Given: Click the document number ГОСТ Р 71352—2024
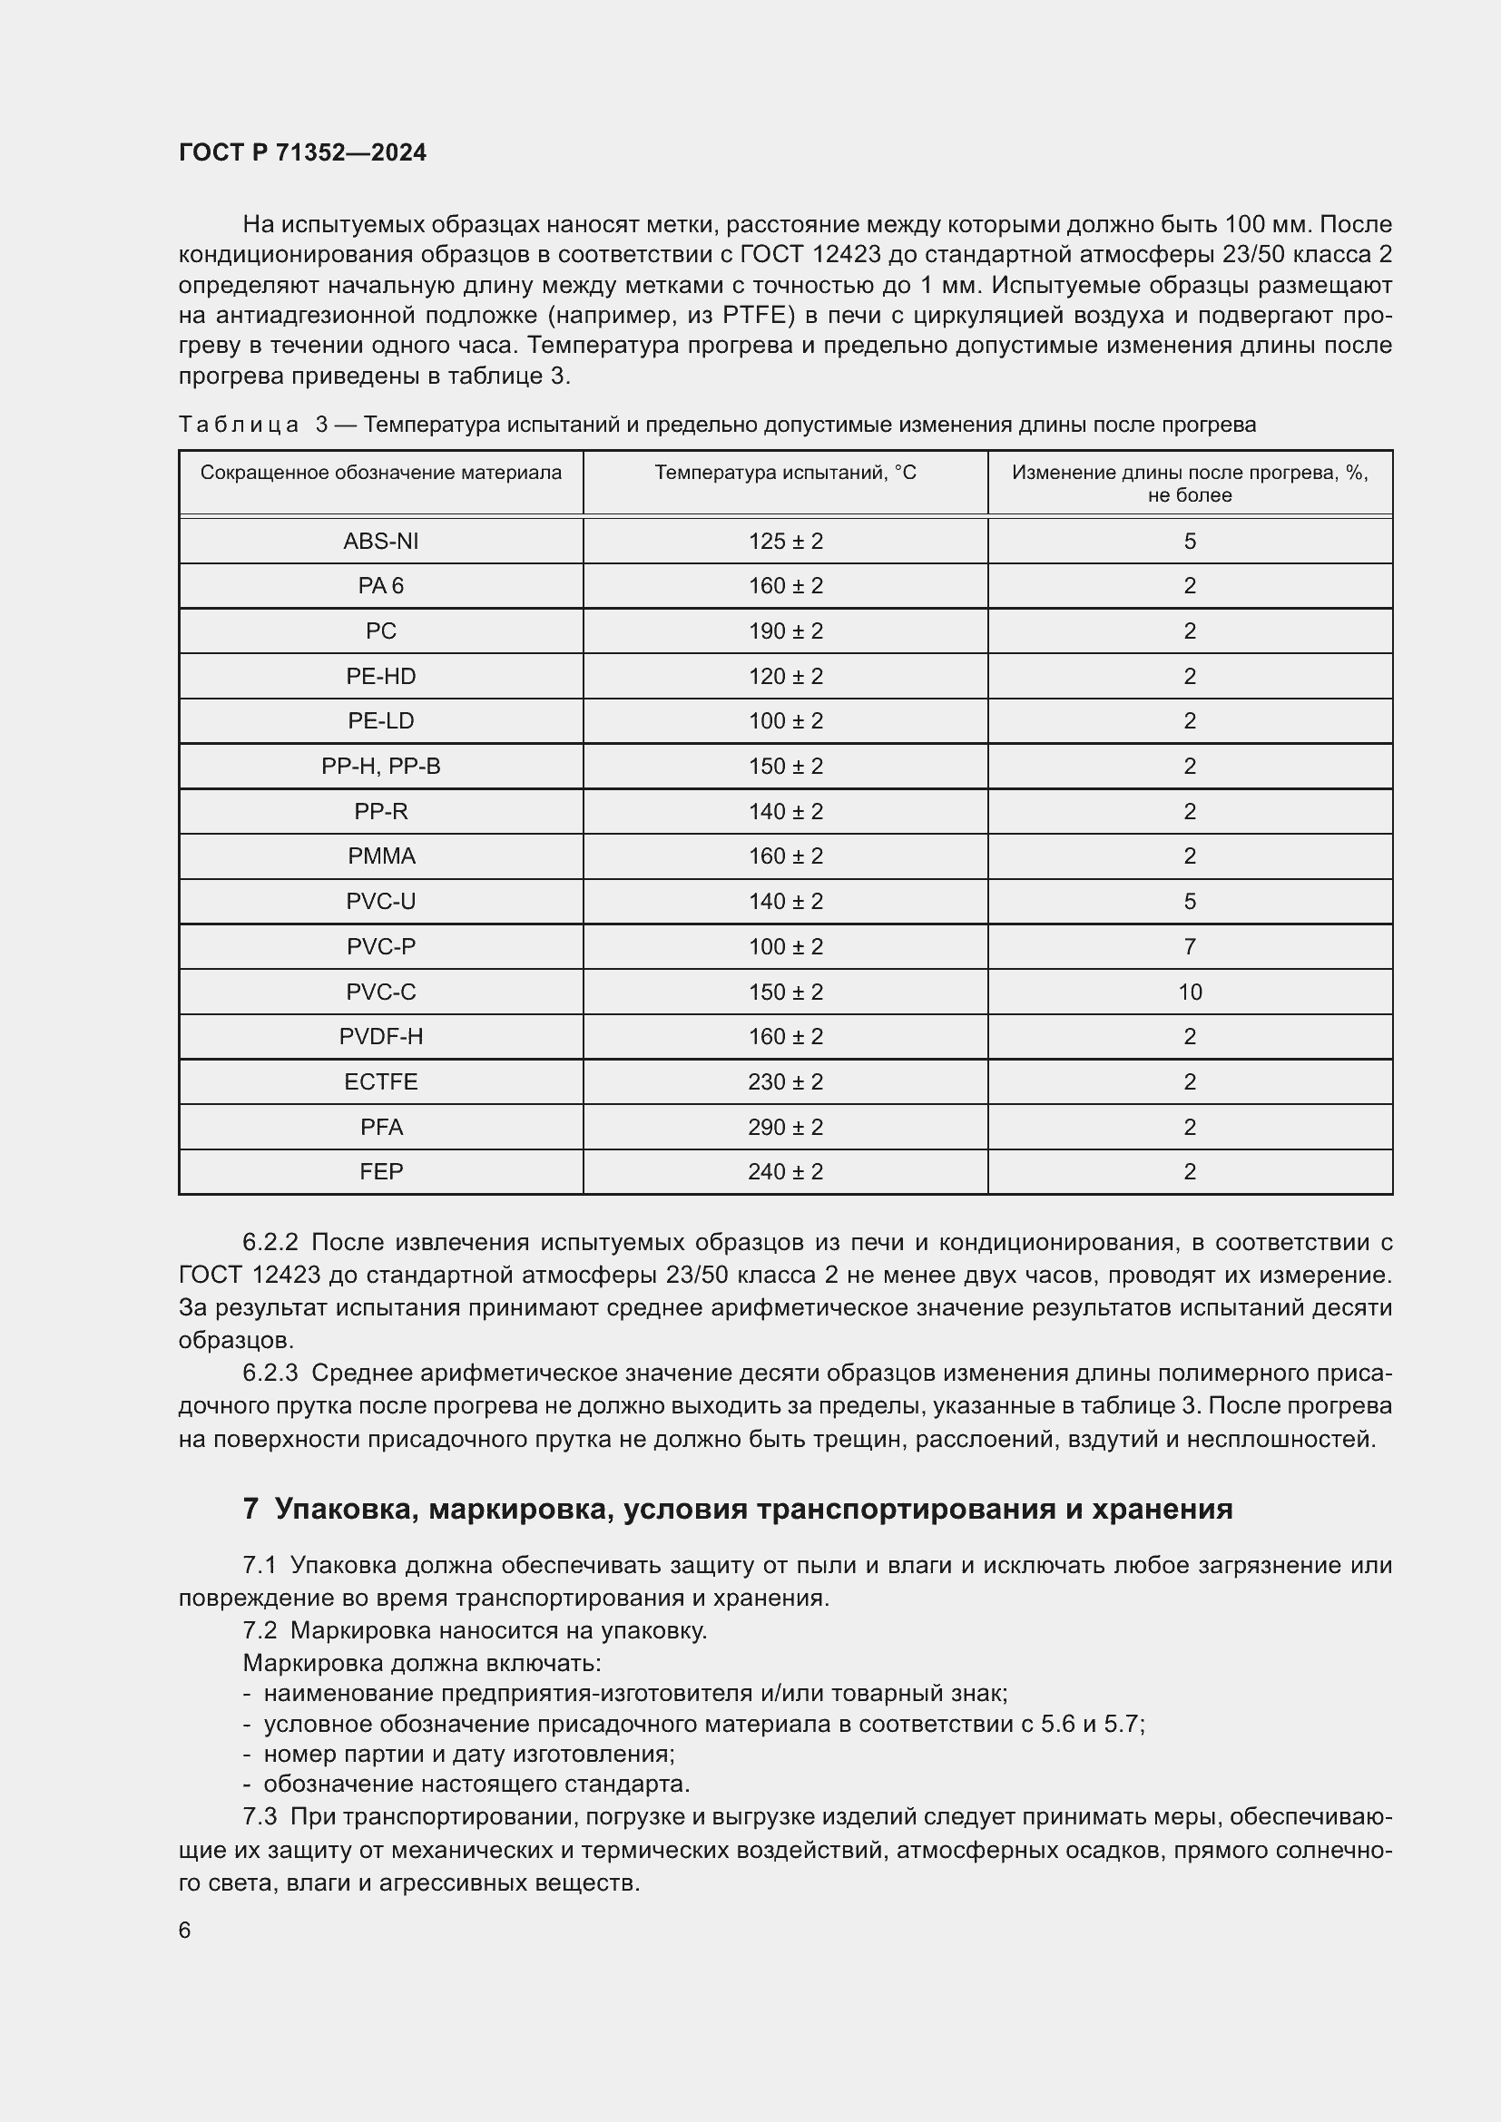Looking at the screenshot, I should (302, 152).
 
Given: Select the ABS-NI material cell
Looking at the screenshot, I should (381, 541).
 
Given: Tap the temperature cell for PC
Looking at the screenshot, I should (785, 631).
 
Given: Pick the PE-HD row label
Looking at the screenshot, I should (381, 677).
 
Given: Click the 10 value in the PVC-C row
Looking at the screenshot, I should (1190, 992).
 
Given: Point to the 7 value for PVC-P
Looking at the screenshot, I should (1190, 946).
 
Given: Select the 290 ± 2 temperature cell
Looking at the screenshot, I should (785, 1127).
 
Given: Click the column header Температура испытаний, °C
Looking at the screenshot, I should (785, 473).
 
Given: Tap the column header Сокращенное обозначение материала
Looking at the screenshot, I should (381, 473).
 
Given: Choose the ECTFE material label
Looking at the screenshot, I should (381, 1081).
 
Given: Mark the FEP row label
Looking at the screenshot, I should (381, 1171).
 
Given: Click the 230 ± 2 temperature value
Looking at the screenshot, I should (785, 1081).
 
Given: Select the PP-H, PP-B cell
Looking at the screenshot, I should (381, 767).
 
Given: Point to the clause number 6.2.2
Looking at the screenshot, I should (270, 1242).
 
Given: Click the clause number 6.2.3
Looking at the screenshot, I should (270, 1373).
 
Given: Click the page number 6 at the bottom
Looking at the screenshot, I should (185, 1930).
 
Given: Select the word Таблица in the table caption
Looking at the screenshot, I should (239, 425).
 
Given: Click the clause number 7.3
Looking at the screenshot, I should (260, 1816).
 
